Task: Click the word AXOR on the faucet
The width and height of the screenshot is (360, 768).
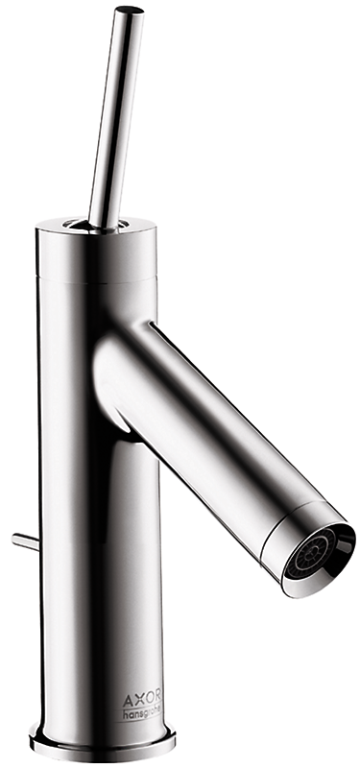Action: pos(141,697)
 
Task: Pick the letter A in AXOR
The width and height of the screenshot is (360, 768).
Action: pos(127,697)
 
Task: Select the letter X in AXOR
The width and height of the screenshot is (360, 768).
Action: pos(136,697)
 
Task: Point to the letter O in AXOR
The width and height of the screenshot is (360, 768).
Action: pos(147,697)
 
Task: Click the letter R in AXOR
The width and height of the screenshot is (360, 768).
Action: pos(156,697)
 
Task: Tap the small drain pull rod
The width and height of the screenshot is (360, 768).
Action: pos(25,541)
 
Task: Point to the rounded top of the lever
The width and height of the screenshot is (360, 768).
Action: pos(130,10)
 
